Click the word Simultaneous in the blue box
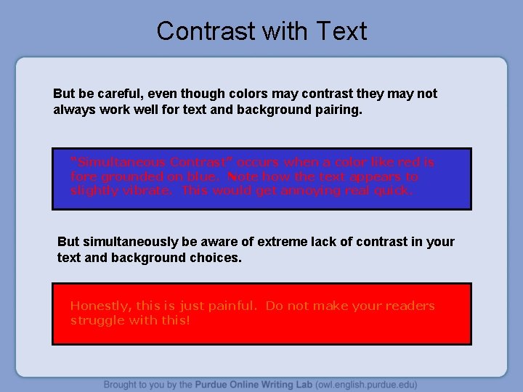point(119,162)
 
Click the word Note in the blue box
point(242,176)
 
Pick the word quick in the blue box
point(395,190)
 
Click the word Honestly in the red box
point(97,306)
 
